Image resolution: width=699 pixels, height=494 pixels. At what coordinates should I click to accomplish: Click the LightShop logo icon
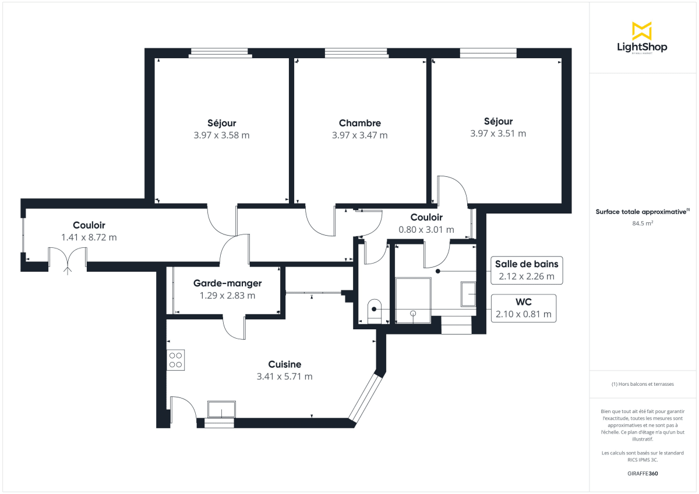pyautogui.click(x=642, y=31)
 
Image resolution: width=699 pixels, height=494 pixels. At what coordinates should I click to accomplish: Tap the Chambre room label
pyautogui.click(x=359, y=123)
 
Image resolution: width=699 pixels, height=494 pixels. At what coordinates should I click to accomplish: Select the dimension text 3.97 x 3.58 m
pyautogui.click(x=221, y=136)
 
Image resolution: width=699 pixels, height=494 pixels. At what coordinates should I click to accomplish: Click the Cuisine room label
pyautogui.click(x=284, y=364)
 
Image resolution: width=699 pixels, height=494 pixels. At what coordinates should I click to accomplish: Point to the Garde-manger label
pyautogui.click(x=227, y=283)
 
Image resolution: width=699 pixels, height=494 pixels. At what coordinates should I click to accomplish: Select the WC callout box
pyautogui.click(x=523, y=308)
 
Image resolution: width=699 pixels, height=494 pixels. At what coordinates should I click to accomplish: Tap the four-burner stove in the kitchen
pyautogui.click(x=176, y=359)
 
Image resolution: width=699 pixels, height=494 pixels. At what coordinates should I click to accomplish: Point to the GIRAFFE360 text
pyautogui.click(x=642, y=474)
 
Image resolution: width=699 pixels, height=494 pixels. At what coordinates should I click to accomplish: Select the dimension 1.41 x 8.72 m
pyautogui.click(x=89, y=237)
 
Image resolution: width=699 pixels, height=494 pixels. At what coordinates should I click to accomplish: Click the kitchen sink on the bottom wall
pyautogui.click(x=222, y=409)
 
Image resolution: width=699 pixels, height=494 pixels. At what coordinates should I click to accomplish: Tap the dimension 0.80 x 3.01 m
pyautogui.click(x=426, y=230)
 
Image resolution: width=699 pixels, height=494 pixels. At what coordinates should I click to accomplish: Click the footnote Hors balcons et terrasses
pyautogui.click(x=642, y=384)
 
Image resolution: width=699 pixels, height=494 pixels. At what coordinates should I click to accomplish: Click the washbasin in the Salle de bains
pyautogui.click(x=468, y=294)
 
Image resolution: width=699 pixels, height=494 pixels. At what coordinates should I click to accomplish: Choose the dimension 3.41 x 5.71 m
pyautogui.click(x=284, y=376)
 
